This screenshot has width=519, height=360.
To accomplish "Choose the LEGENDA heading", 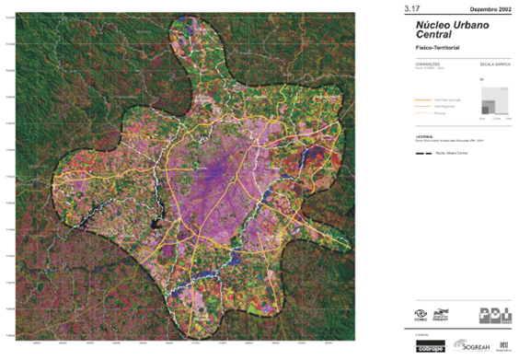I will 400,135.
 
